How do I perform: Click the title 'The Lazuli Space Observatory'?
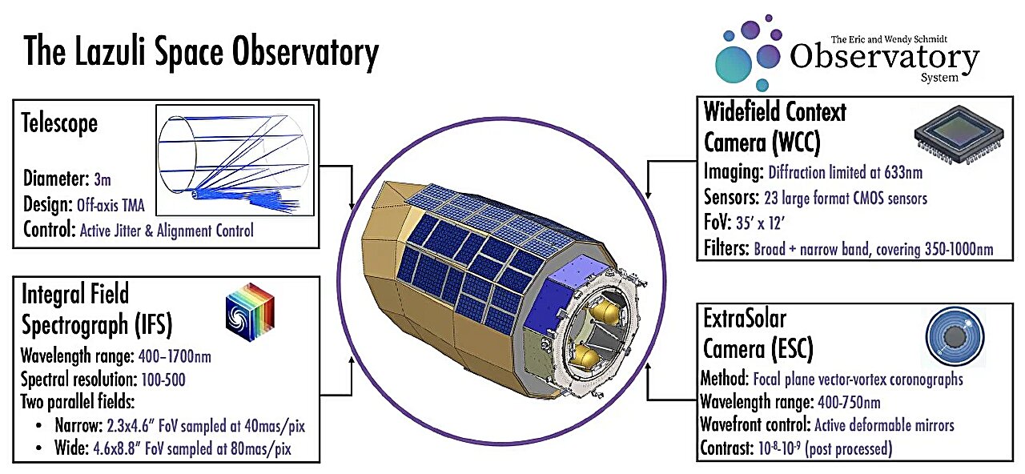(200, 53)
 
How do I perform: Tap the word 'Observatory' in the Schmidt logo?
(884, 58)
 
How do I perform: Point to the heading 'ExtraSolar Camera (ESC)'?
(758, 331)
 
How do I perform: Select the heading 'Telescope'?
(60, 123)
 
